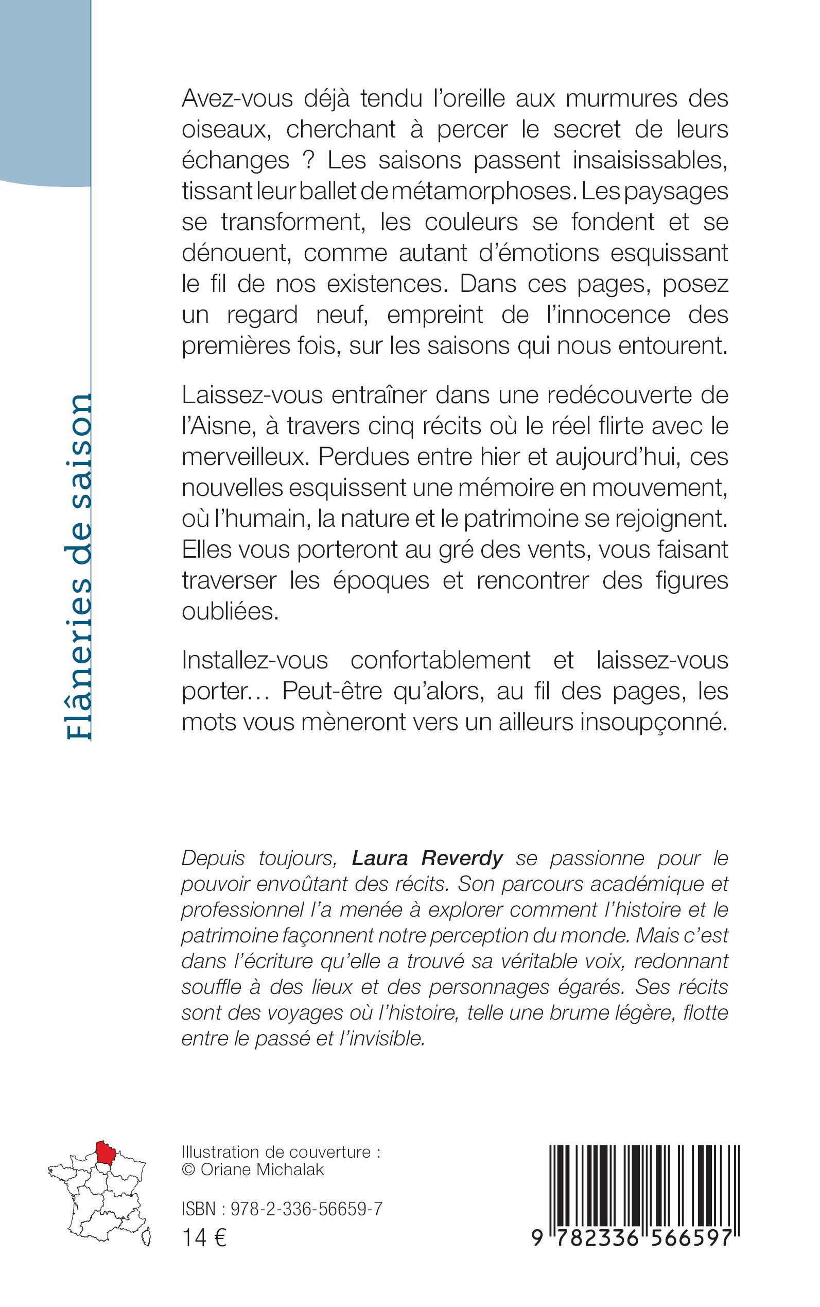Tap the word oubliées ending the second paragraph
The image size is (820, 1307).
tap(230, 612)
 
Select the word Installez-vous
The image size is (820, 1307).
tap(255, 661)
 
